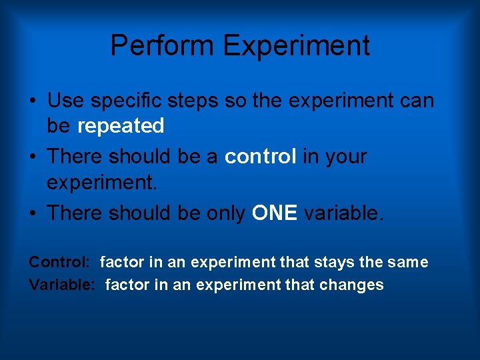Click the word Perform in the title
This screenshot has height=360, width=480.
pyautogui.click(x=163, y=46)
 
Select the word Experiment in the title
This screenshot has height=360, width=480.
pyautogui.click(x=297, y=46)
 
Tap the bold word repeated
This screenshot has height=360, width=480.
pyautogui.click(x=121, y=125)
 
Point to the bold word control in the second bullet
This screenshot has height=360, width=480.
pyautogui.click(x=261, y=157)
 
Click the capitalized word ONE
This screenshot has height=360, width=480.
pyautogui.click(x=275, y=213)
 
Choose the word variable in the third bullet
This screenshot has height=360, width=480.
pyautogui.click(x=344, y=213)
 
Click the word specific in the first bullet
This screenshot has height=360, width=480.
pyautogui.click(x=125, y=101)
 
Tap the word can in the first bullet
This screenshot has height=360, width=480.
pyautogui.click(x=417, y=101)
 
